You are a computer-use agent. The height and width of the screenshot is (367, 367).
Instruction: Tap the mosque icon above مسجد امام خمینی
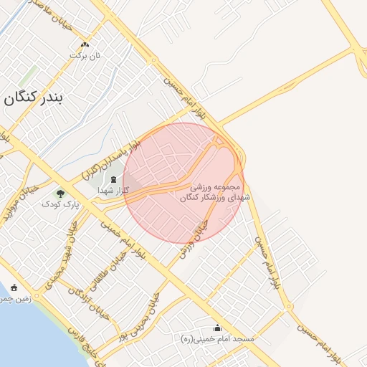(218, 328)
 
